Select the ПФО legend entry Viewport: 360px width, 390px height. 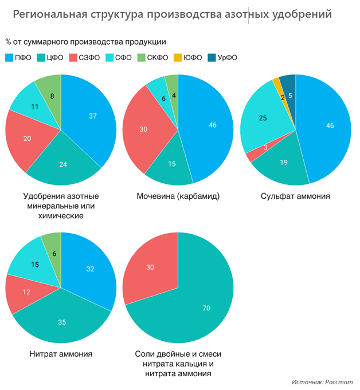[x=18, y=57]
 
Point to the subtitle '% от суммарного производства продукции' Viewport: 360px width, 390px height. [x=86, y=42]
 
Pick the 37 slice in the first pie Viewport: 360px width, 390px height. [x=92, y=116]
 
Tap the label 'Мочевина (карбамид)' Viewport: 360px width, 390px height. [x=178, y=196]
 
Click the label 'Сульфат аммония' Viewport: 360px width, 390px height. [x=295, y=196]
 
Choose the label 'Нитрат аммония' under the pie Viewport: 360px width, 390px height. [x=61, y=354]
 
